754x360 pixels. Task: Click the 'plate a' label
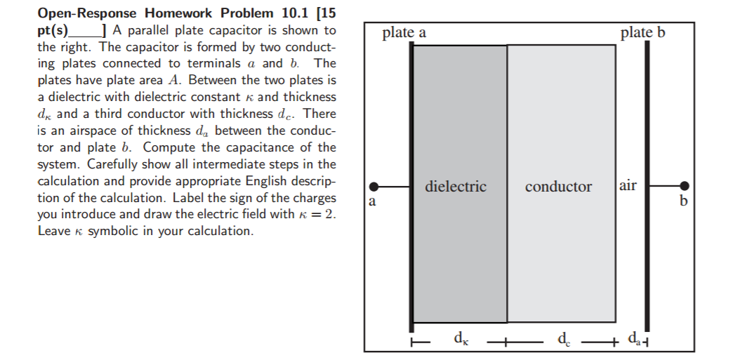coord(404,32)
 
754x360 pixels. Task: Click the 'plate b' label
coord(643,32)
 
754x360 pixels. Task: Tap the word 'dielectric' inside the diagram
coord(456,186)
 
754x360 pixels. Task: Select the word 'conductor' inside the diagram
coord(558,187)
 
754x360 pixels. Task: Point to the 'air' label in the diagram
coord(628,185)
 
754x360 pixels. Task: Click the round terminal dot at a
coord(373,187)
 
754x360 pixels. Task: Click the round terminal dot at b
coord(684,185)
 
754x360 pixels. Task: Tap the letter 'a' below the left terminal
coord(371,201)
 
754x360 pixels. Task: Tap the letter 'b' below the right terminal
coord(684,200)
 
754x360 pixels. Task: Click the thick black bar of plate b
coord(647,187)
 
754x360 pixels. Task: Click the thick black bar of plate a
coord(411,187)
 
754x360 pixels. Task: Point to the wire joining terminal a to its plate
coord(394,187)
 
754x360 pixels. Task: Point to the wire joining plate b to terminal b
coord(665,185)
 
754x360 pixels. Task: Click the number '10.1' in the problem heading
coord(295,13)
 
